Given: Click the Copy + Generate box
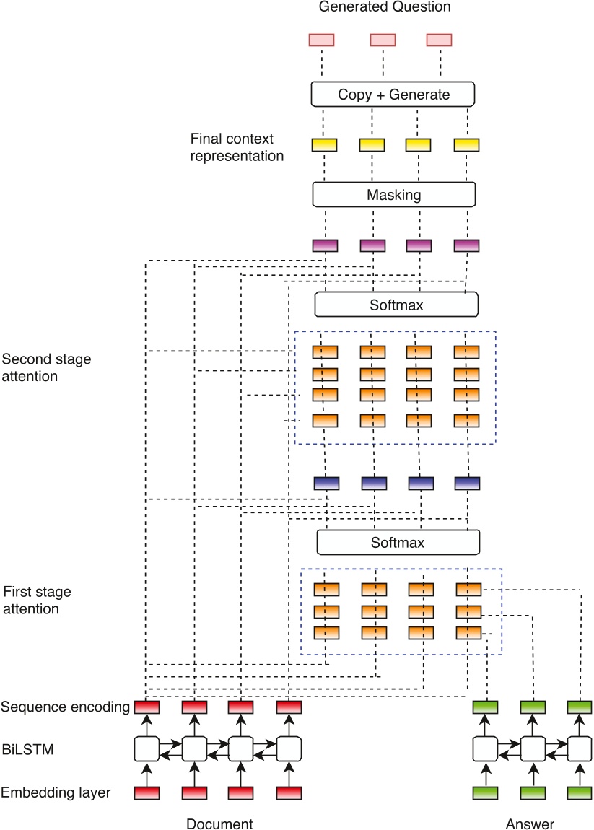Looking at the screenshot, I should coord(393,95).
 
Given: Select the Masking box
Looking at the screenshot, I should coord(394,195).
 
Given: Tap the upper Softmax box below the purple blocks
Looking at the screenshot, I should coord(396,305).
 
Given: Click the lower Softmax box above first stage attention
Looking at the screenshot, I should coord(398,542).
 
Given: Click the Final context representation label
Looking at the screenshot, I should coord(237,147).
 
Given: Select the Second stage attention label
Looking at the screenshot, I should coord(47,367).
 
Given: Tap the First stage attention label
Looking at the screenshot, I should coord(38,600).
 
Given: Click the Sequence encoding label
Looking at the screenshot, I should coord(65,707).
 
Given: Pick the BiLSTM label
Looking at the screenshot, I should coord(27,750).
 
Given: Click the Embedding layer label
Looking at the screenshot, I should coord(56,792).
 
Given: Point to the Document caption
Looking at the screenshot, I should coord(219,824).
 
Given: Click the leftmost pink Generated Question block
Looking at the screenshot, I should coord(321,40).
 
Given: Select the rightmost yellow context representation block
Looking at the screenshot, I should coord(466,145).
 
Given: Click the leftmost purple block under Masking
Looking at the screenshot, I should coord(325,245).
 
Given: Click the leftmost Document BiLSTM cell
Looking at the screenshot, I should coord(147,748).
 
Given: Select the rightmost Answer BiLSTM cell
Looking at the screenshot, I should coord(579,748).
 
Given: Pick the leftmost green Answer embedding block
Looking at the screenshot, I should coord(485,792).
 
